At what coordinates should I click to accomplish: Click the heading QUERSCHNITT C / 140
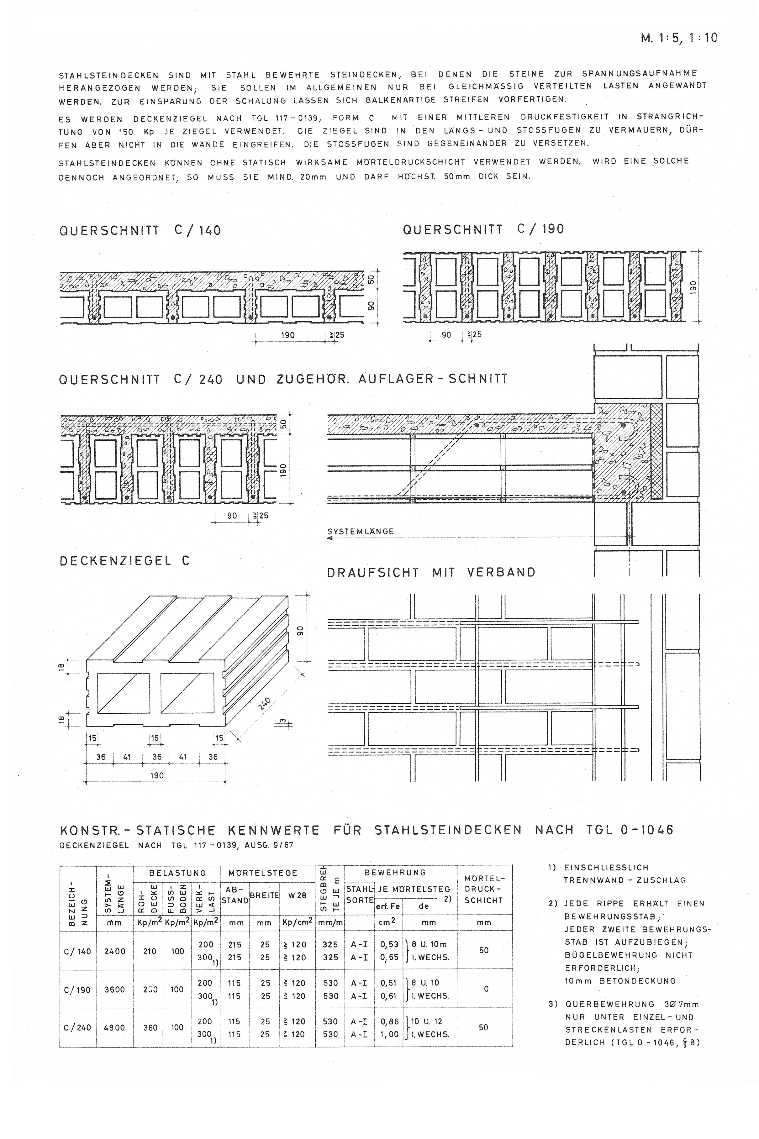click(x=140, y=230)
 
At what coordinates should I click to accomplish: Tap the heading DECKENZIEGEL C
click(x=125, y=561)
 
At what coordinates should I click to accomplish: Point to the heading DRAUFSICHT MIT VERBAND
click(x=431, y=572)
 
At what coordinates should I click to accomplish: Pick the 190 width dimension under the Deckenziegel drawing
click(x=157, y=775)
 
